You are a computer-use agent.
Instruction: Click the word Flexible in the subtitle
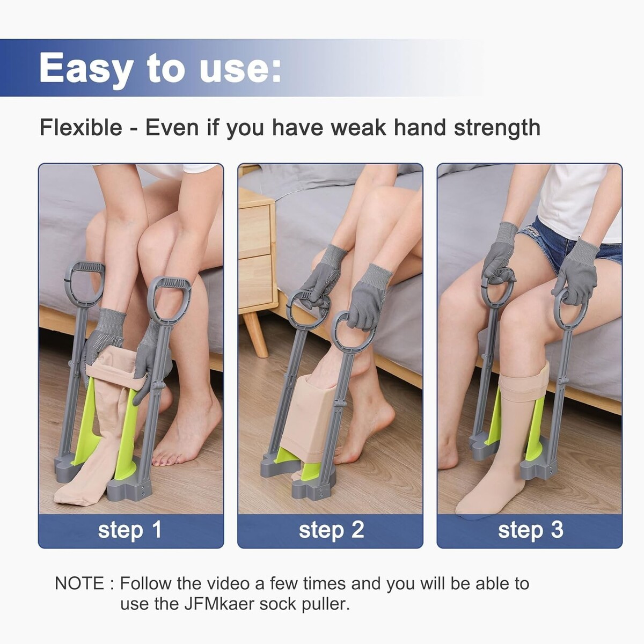click(81, 127)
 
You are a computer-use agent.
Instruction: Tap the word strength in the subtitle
click(497, 127)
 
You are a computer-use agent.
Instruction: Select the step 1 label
click(130, 530)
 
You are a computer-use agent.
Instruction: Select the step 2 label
click(331, 530)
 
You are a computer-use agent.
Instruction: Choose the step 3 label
click(530, 530)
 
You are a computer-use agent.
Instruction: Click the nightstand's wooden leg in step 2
click(255, 334)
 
